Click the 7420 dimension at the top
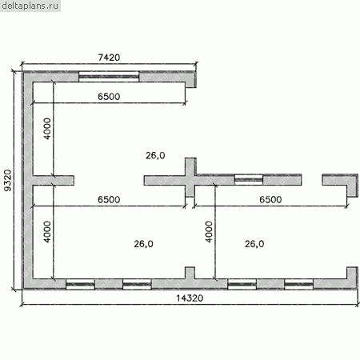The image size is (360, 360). click(x=109, y=58)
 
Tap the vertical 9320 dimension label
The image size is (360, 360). click(x=8, y=181)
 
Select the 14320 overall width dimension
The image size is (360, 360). click(x=190, y=298)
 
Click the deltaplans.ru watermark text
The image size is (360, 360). click(x=30, y=6)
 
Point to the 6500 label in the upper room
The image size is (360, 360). click(x=109, y=96)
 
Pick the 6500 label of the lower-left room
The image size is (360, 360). click(x=109, y=199)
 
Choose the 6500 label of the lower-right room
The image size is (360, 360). click(x=270, y=199)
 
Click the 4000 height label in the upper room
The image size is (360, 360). click(x=47, y=129)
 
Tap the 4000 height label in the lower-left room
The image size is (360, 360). click(x=47, y=232)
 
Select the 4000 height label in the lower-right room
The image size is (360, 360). click(x=209, y=232)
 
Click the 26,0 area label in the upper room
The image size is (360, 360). click(x=155, y=155)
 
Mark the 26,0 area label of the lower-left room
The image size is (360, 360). click(x=143, y=244)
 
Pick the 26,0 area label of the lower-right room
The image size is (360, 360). click(x=254, y=244)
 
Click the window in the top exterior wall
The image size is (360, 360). click(x=109, y=77)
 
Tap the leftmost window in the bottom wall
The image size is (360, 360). click(x=80, y=284)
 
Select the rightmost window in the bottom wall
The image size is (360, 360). click(x=298, y=284)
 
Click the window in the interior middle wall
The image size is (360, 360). click(x=249, y=180)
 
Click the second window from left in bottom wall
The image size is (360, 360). click(x=137, y=284)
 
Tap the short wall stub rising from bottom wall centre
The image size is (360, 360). click(x=190, y=273)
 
